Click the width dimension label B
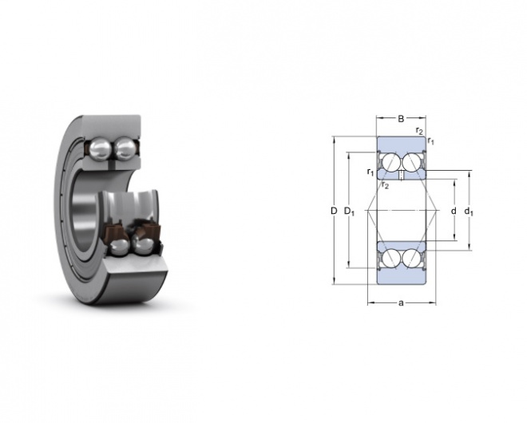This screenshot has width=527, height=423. (x=401, y=119)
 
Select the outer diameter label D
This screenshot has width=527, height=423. (x=334, y=211)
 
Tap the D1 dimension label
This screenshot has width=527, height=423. (x=349, y=211)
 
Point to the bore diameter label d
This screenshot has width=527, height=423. (x=454, y=211)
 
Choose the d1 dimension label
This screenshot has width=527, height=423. (x=469, y=211)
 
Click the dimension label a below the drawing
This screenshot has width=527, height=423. (x=401, y=303)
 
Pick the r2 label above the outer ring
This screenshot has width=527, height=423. (x=419, y=131)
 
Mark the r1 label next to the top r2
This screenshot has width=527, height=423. (x=430, y=141)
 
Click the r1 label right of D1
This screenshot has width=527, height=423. (x=370, y=172)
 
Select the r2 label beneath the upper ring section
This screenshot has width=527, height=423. (x=385, y=185)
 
